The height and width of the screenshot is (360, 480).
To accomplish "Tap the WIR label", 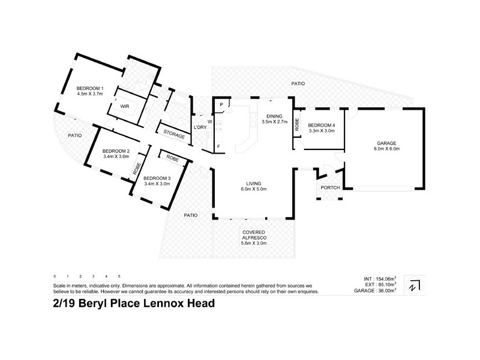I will point(125,106).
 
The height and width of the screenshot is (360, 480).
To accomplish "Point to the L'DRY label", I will point(200,127).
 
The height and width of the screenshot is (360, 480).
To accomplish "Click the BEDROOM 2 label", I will point(116,151).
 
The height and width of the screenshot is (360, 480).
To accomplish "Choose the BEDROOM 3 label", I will point(157,178).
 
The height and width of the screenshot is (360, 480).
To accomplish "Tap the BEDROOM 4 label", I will point(322,124).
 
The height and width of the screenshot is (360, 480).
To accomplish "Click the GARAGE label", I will point(387,143).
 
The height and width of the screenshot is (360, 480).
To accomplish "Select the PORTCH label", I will point(330,188).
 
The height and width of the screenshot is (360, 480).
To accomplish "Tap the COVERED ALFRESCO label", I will point(254,232).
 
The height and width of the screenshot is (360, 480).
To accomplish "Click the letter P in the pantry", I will point(221,105).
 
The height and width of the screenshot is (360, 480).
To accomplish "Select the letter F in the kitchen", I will point(218,146).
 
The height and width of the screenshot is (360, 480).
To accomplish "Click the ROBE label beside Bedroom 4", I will point(297,125).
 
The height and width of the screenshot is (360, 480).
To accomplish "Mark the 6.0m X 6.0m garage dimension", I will point(387,149).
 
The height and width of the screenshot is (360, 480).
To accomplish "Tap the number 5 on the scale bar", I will point(119,276).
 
